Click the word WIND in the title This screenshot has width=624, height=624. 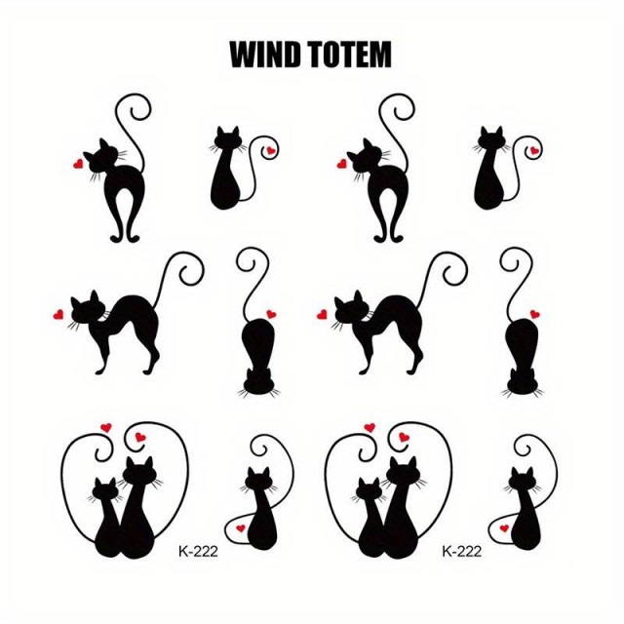point(265,55)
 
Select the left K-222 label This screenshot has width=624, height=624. point(198,552)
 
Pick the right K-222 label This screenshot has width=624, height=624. point(461,552)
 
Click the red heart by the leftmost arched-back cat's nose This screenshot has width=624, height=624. point(58,315)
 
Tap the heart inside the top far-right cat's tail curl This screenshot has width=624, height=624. point(534,150)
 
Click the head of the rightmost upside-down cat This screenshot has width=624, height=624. point(523,383)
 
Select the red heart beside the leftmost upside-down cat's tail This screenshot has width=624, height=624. point(271,314)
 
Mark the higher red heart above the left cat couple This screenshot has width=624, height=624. point(106,428)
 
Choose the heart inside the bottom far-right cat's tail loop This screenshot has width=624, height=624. point(504,528)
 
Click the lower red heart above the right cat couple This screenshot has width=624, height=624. point(404,437)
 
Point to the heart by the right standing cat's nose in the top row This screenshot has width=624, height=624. point(341,164)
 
